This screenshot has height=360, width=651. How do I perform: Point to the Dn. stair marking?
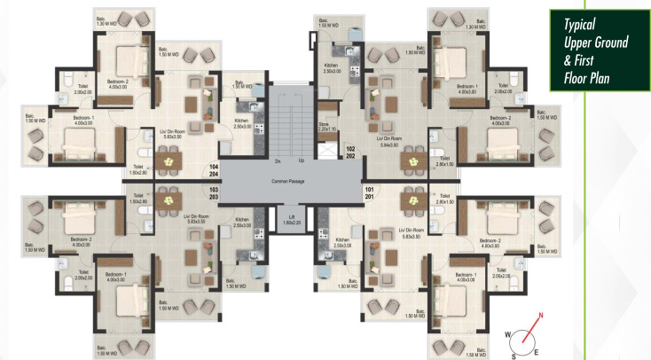point(278,160)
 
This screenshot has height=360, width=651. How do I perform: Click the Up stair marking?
point(301,160)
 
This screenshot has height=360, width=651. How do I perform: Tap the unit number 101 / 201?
point(370,193)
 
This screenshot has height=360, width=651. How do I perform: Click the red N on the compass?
point(540,315)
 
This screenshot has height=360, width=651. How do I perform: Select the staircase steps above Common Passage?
point(289,124)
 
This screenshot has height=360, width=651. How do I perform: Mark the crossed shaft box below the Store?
point(327,149)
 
